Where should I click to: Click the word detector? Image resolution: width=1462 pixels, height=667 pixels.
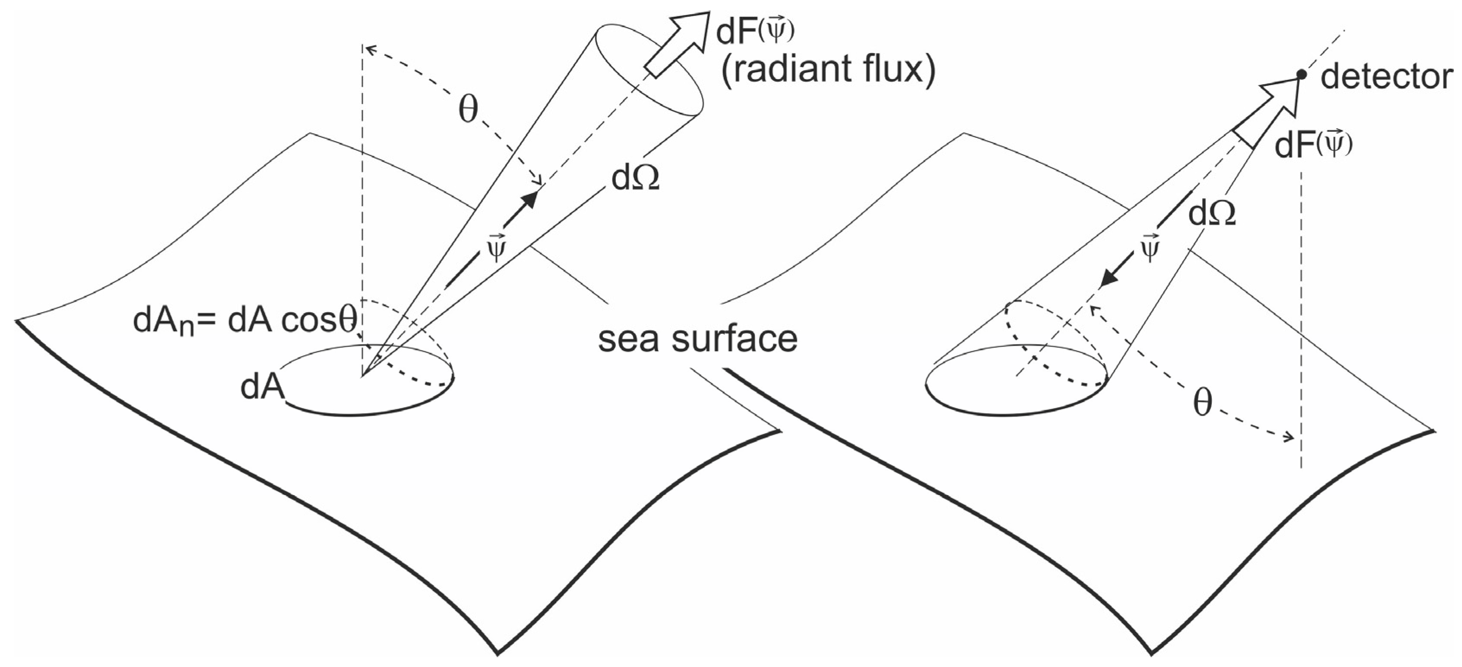coord(1386,92)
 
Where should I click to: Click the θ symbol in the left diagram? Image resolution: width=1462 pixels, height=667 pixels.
coord(468,110)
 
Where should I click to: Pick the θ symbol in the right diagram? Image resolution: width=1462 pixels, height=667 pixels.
coord(1203,404)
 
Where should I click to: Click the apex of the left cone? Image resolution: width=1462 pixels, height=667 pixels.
coord(362,375)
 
